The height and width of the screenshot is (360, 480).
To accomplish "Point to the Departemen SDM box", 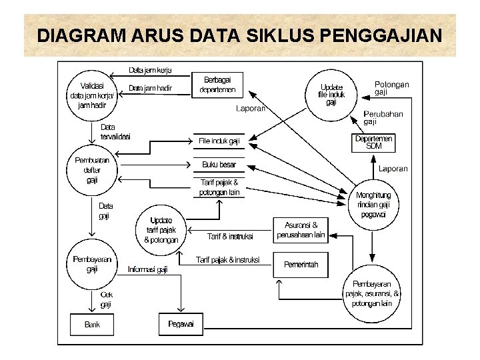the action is click(x=374, y=142).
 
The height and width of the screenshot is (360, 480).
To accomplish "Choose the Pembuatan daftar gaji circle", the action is click(x=92, y=171).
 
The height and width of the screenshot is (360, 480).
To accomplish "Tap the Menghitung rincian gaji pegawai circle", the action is click(x=373, y=205).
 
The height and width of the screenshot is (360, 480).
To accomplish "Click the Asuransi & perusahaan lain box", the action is click(x=301, y=230).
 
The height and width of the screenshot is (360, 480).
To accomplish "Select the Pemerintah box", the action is click(x=301, y=265).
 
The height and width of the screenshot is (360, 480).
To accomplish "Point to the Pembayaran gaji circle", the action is click(x=92, y=265).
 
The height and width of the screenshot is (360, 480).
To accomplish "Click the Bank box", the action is click(x=92, y=325).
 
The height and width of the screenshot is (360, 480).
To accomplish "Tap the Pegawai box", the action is click(x=180, y=324).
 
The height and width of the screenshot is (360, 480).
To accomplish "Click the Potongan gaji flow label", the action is click(x=392, y=88).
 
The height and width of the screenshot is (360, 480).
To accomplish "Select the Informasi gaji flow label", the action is click(x=148, y=269).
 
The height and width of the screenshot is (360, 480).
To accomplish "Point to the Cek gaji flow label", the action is click(x=106, y=299).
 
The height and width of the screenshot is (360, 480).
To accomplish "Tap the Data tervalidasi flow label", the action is click(x=115, y=131).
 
